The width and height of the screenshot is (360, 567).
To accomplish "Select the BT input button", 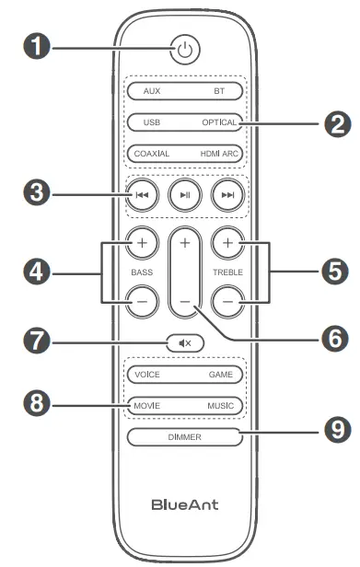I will point(219,92).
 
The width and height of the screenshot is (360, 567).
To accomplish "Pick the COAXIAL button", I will point(151,154).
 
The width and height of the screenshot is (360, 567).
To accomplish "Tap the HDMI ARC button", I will point(219,154).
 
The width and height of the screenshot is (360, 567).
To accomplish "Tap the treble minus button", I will point(226,300).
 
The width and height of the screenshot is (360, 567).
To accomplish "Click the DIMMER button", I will point(185,436).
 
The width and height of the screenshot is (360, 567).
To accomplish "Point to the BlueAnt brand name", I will point(185,505).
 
